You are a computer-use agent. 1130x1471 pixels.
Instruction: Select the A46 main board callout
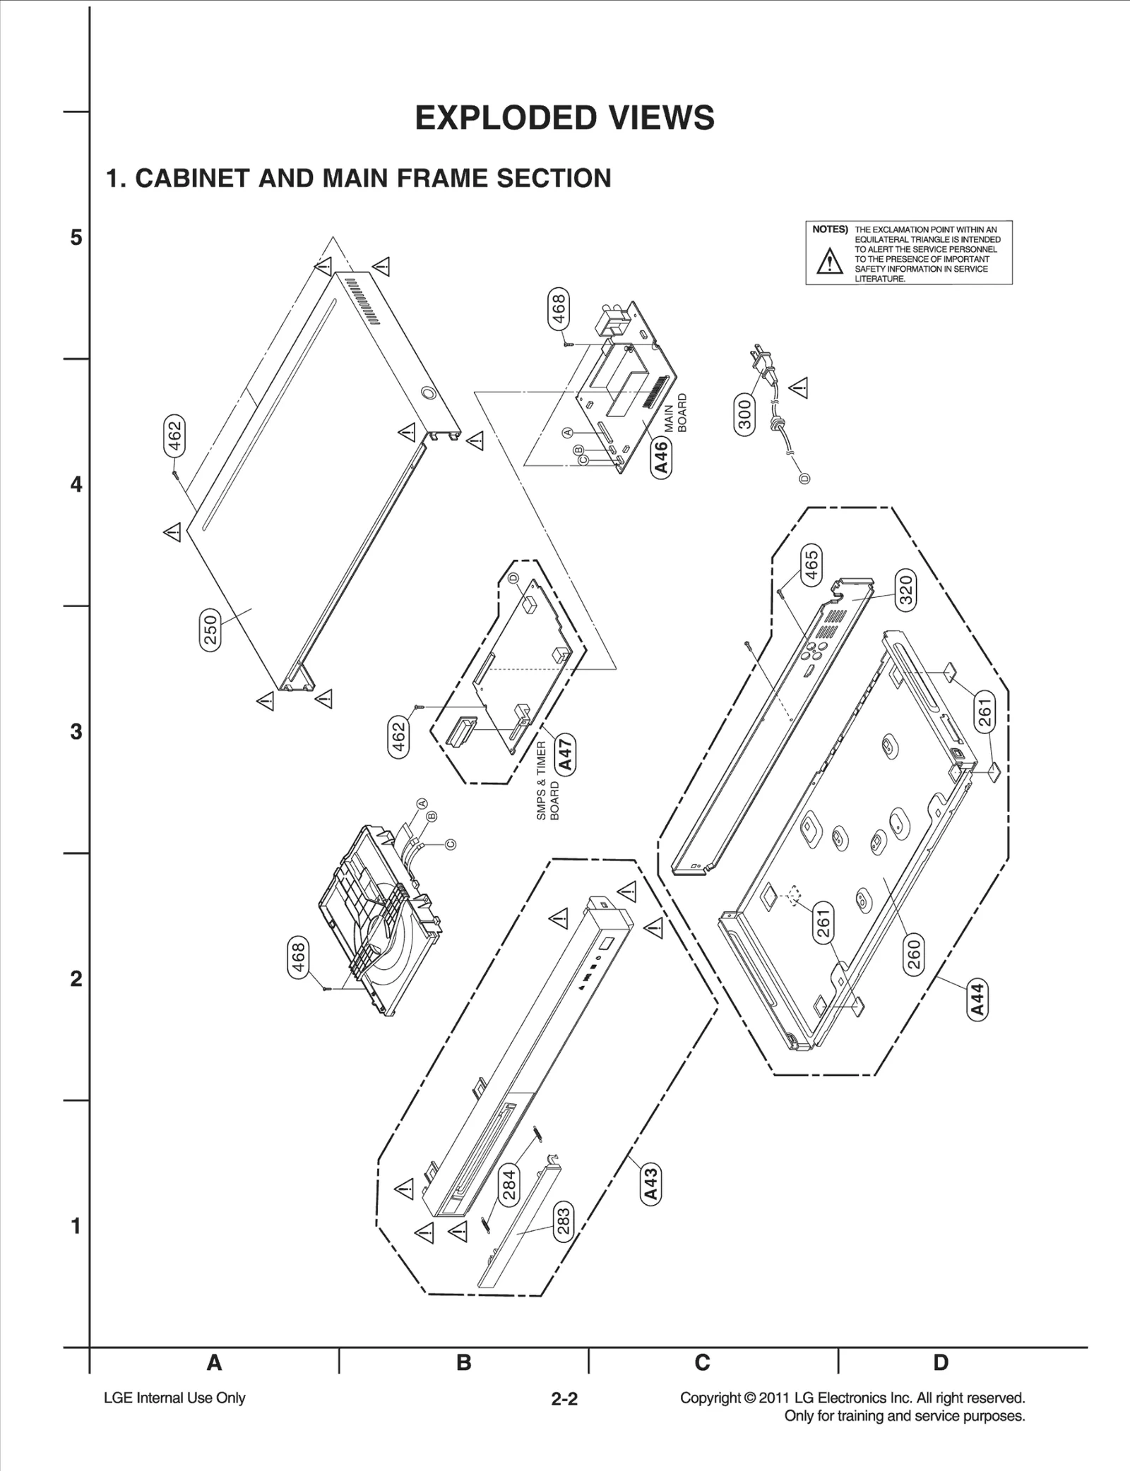[662, 457]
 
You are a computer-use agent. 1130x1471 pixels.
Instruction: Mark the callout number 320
[905, 590]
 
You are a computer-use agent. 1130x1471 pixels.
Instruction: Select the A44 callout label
[977, 1000]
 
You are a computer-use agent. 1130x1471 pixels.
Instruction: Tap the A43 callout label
[651, 1184]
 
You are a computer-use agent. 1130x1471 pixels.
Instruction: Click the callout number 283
[563, 1222]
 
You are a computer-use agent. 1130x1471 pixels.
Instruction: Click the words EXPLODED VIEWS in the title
[564, 118]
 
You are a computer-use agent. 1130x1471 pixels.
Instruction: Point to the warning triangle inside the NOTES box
[829, 262]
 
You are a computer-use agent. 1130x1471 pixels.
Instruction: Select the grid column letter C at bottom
[702, 1362]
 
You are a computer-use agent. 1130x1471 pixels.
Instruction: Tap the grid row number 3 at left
[76, 731]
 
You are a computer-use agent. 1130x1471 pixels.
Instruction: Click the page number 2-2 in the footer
[564, 1398]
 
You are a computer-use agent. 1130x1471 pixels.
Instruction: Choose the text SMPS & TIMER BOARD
[548, 781]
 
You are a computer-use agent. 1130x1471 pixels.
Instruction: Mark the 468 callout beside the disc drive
[299, 958]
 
